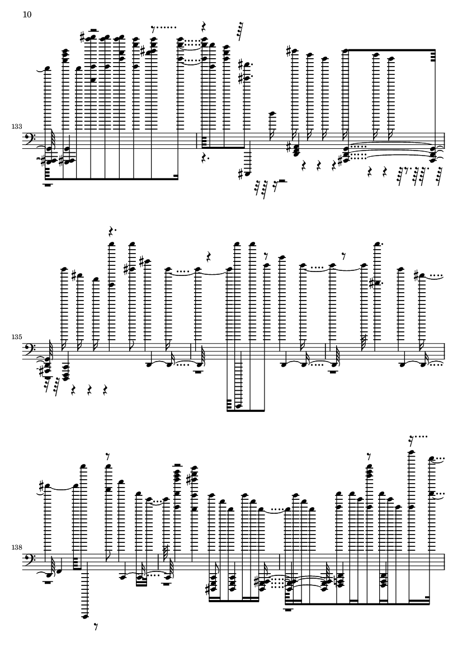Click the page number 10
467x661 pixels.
(27, 15)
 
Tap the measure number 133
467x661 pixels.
(17, 126)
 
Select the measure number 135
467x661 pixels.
(17, 337)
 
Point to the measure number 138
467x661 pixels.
(17, 547)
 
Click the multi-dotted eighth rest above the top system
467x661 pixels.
(163, 29)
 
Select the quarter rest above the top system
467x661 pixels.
(204, 26)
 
